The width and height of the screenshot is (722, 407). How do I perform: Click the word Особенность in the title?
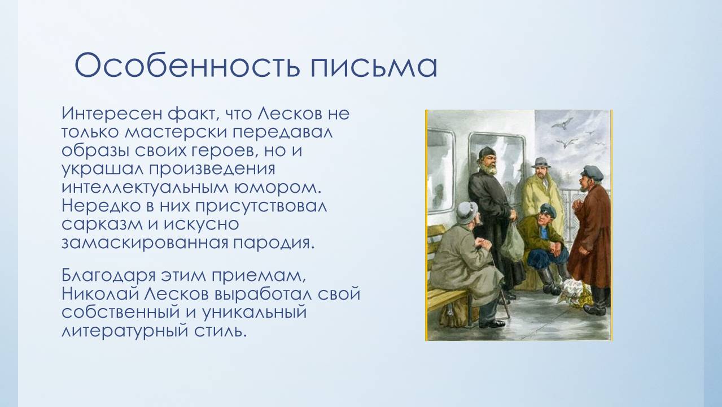[x=187, y=66]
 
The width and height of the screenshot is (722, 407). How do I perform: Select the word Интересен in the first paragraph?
[x=112, y=114]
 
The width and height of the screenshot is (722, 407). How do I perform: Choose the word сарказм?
[x=102, y=224]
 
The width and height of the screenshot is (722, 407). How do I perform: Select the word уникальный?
[x=254, y=313]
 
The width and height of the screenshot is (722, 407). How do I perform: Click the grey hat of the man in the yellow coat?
[x=541, y=163]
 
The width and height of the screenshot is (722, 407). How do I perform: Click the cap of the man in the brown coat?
[x=592, y=172]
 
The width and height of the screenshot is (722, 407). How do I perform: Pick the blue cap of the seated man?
[x=549, y=209]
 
